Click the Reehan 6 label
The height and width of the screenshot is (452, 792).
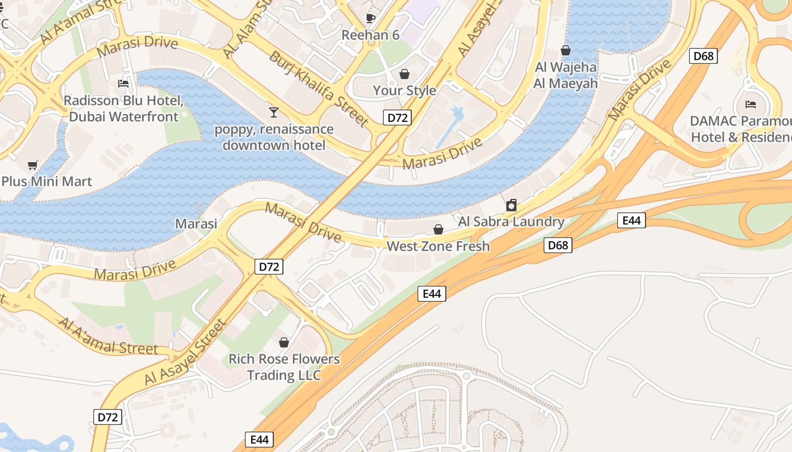point(371,35)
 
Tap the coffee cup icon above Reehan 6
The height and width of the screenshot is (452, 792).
point(371,18)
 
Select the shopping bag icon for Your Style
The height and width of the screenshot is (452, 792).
point(404,74)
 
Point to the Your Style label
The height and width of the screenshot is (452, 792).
point(404,90)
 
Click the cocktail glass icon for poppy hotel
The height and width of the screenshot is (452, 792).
point(274,112)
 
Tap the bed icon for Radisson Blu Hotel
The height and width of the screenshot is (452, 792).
point(123,84)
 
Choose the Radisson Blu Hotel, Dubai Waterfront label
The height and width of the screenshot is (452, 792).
point(123,108)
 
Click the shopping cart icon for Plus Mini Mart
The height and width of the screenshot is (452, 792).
point(33,166)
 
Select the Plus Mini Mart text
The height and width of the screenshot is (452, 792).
point(46,182)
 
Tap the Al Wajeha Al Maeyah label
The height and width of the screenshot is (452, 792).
point(566,75)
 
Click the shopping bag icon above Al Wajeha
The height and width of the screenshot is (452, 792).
point(566,51)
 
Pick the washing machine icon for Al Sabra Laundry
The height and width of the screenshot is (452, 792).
point(511,205)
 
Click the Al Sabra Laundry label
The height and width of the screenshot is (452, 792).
point(511,221)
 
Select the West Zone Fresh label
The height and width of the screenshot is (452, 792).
point(438,246)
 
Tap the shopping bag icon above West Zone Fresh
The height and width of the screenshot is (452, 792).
point(438,229)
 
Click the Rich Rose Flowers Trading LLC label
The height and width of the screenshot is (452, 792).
point(284,367)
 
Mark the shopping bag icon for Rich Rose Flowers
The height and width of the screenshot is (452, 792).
point(284,342)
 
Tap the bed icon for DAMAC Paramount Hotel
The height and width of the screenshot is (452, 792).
point(751,105)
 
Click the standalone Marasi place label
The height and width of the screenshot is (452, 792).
point(196,224)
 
